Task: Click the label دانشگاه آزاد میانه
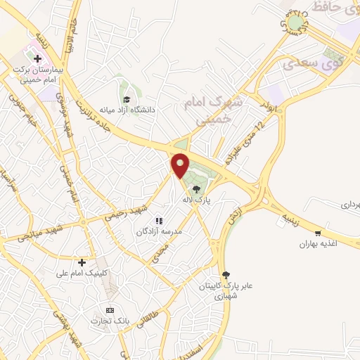(x=126, y=110)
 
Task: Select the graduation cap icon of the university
(x=126, y=99)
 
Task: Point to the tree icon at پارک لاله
(x=197, y=188)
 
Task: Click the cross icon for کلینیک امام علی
(x=83, y=262)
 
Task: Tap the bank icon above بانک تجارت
(x=109, y=309)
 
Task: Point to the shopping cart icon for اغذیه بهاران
(x=319, y=233)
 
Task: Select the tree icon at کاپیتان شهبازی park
(x=225, y=274)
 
